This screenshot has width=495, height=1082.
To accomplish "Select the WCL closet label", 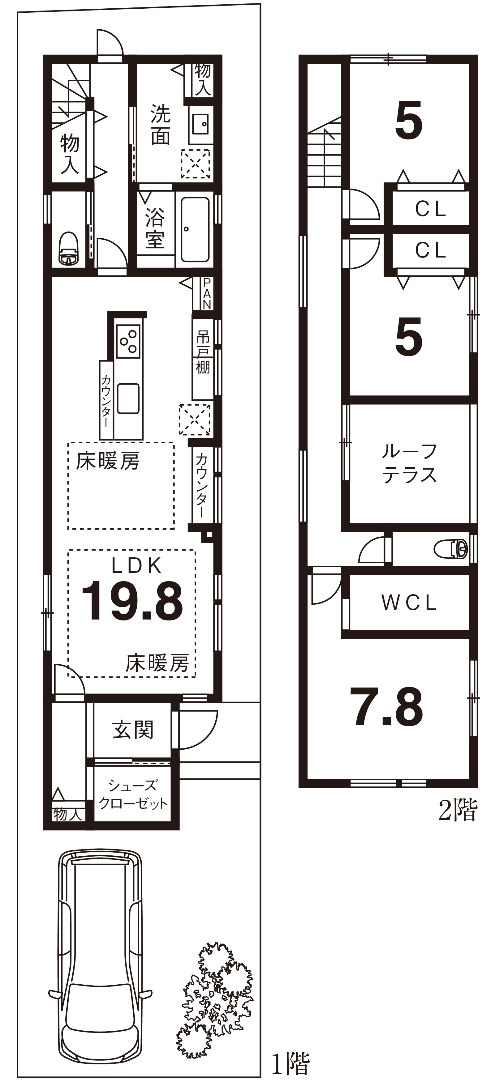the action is pyautogui.click(x=409, y=603).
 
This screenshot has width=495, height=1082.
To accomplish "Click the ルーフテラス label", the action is pyautogui.click(x=409, y=464).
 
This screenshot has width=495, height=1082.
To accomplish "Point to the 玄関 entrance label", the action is pyautogui.click(x=133, y=730).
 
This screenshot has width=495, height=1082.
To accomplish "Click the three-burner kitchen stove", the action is pyautogui.click(x=128, y=341).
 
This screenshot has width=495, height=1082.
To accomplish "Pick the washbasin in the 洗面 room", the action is pyautogui.click(x=200, y=124).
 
